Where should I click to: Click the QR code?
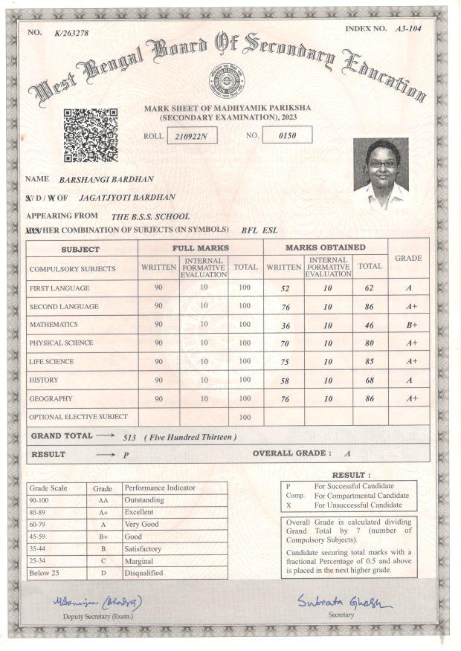pyautogui.click(x=90, y=135)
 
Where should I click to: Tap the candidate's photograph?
pyautogui.click(x=381, y=173)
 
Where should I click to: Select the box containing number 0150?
pyautogui.click(x=286, y=135)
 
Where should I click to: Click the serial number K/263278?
pyautogui.click(x=71, y=33)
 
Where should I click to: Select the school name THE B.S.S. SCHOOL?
pyautogui.click(x=145, y=216)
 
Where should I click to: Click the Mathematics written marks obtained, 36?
pyautogui.click(x=284, y=324)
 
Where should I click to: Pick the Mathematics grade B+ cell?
pyautogui.click(x=410, y=325)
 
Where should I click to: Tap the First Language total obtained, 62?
pyautogui.click(x=369, y=287)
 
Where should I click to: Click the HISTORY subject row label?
pyautogui.click(x=44, y=380)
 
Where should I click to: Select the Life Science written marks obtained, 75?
pyautogui.click(x=284, y=361)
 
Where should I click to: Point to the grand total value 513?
pyautogui.click(x=131, y=437)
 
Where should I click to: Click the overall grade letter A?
pyautogui.click(x=347, y=453)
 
